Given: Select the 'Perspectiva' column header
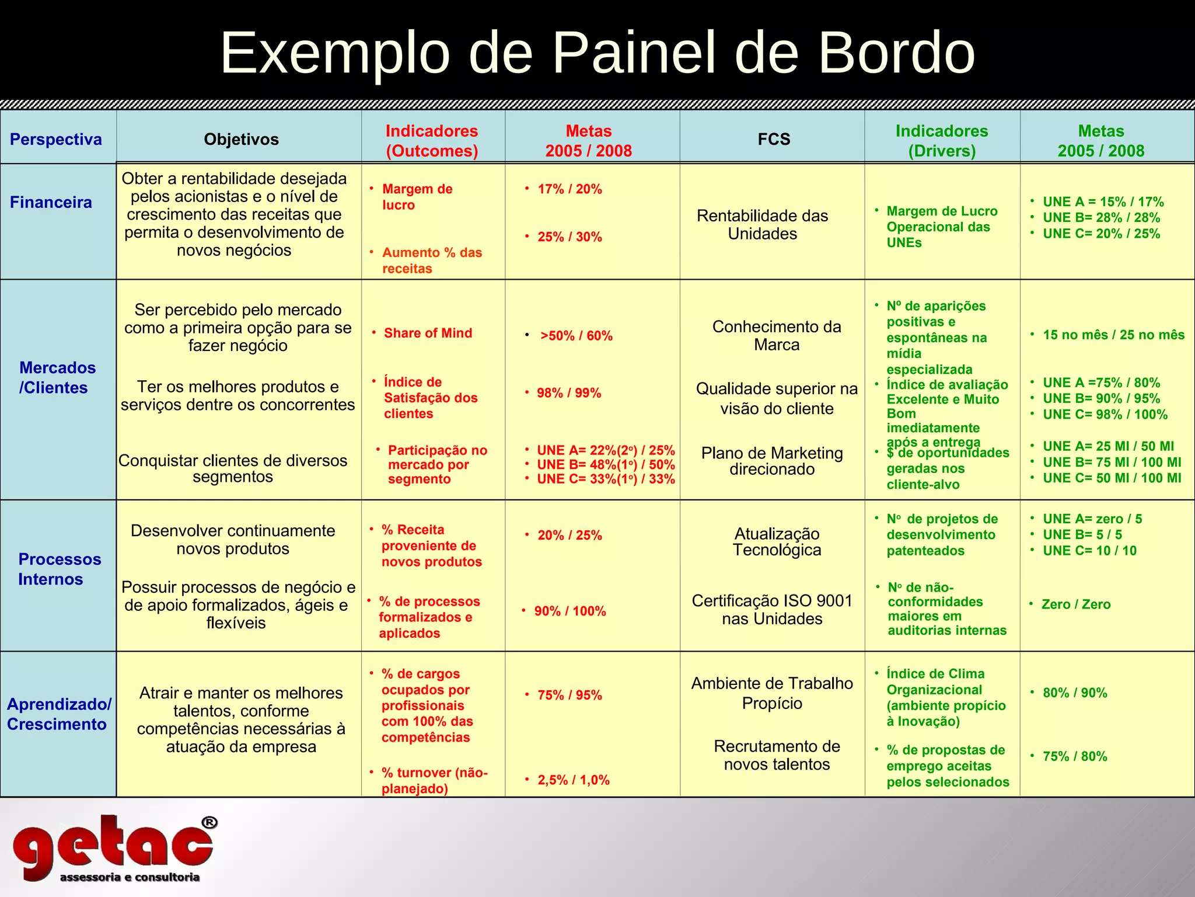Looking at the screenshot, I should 56,140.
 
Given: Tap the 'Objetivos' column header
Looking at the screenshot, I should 241,140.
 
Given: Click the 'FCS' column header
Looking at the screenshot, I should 774,140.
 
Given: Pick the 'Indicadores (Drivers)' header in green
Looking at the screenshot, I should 942,141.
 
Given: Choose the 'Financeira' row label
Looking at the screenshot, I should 51,203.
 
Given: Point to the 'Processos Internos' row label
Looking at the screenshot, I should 59,569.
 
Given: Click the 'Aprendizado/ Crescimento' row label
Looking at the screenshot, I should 58,714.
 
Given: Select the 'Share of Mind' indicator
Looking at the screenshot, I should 428,333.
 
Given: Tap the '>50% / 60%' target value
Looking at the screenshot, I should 576,336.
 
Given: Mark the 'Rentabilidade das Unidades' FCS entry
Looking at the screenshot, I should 762,225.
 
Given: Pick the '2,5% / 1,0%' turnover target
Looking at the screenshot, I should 573,780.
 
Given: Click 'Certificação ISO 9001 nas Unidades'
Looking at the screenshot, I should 772,610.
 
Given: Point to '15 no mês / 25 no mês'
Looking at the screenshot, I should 1113,335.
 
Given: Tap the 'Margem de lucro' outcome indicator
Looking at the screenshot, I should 417,197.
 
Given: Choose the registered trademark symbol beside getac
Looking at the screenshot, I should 209,823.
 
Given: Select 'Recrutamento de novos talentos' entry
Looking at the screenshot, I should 777,755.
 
